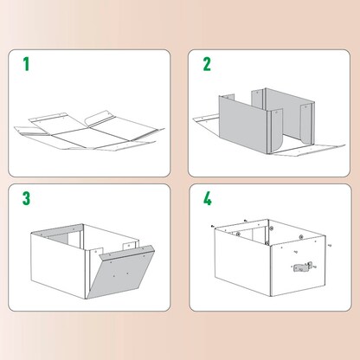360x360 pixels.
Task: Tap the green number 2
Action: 207,63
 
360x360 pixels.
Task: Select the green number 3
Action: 26,198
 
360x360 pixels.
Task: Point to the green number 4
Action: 208,198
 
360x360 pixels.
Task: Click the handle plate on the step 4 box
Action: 299,267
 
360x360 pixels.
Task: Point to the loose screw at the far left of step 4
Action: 213,228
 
